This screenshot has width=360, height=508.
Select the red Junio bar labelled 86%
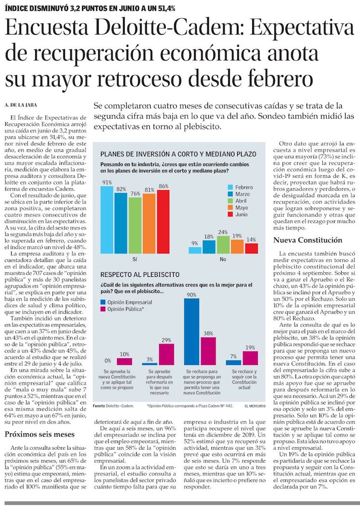pyautogui.click(x=163, y=221)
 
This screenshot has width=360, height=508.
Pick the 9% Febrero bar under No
pyautogui.click(x=195, y=250)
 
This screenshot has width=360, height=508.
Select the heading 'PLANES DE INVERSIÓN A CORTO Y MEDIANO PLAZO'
pyautogui.click(x=172, y=154)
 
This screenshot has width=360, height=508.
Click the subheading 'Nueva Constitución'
pyautogui.click(x=308, y=240)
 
